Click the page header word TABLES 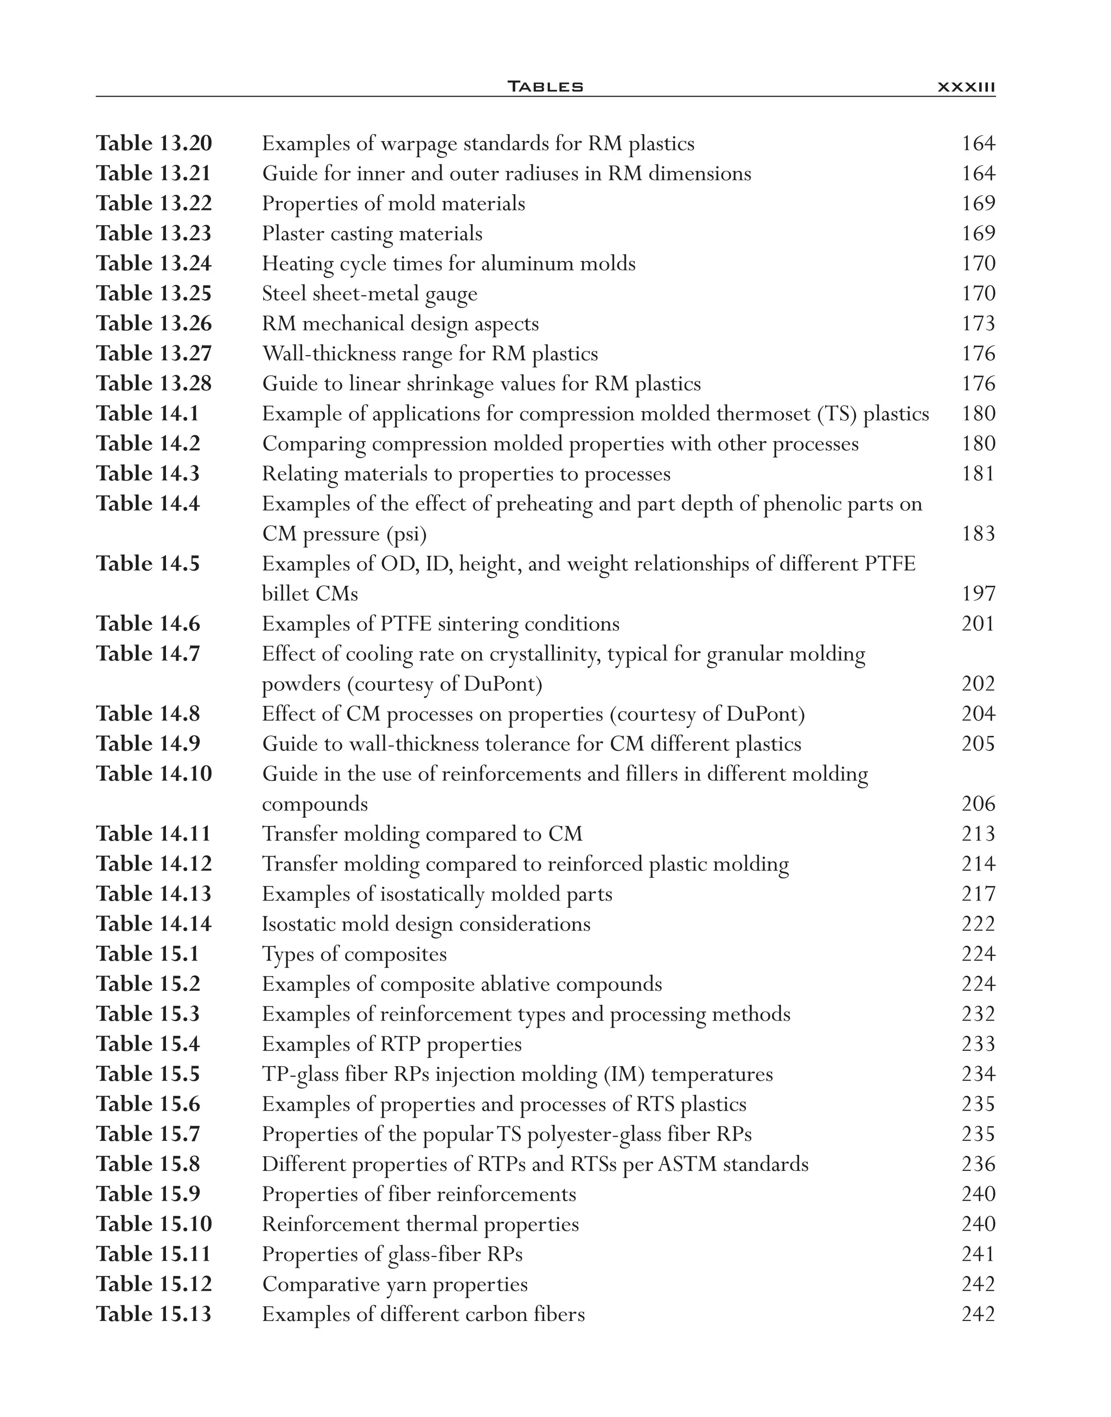click(545, 86)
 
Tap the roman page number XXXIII click(967, 86)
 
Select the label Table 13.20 click(154, 143)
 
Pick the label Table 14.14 click(154, 924)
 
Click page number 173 click(978, 323)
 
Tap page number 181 click(978, 473)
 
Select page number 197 click(978, 593)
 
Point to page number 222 click(978, 924)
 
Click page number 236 click(978, 1163)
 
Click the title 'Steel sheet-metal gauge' click(369, 293)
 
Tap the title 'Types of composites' click(354, 953)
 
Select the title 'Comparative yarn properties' click(395, 1284)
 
